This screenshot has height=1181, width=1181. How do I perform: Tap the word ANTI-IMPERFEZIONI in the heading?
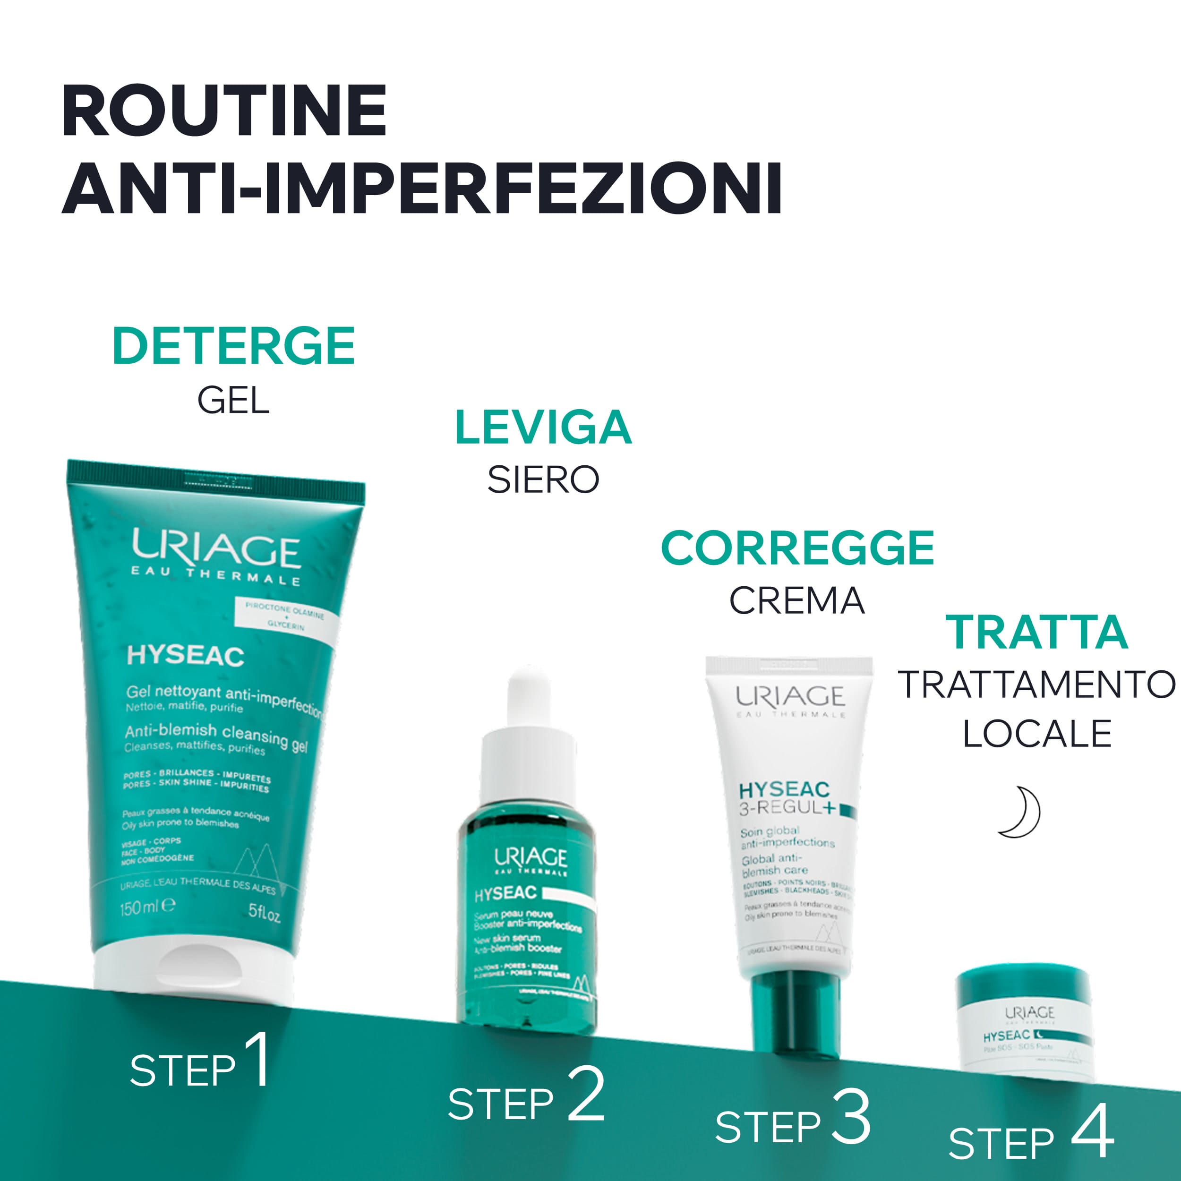(422, 188)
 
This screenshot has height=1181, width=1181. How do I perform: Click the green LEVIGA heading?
(543, 428)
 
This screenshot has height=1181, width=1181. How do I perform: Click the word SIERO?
(543, 480)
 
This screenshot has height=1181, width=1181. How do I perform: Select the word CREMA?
(796, 601)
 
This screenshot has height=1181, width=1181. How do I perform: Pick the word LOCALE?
(1037, 734)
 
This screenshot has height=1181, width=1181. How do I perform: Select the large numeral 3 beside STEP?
(851, 1116)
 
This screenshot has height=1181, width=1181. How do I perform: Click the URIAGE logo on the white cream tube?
(790, 696)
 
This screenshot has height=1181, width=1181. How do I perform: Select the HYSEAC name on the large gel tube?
(185, 656)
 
